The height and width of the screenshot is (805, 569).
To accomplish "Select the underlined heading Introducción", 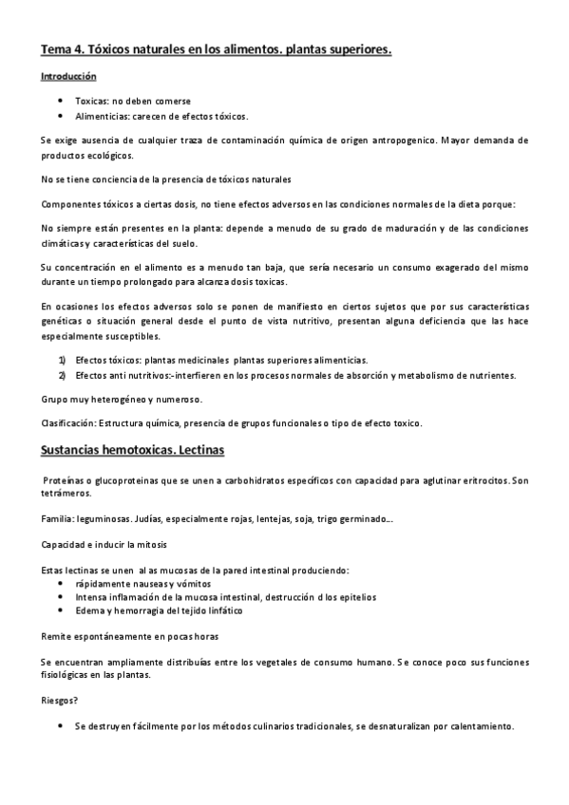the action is coord(68,76).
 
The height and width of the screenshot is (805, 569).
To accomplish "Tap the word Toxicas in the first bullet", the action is coord(92,100).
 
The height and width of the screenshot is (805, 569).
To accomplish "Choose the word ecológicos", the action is coord(112,156).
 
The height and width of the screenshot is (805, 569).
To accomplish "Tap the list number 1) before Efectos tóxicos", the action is coord(62,360).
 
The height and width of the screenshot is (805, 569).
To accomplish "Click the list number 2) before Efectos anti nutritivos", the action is coord(62,375).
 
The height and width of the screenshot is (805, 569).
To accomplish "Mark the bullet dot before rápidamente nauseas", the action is coord(62,583).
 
